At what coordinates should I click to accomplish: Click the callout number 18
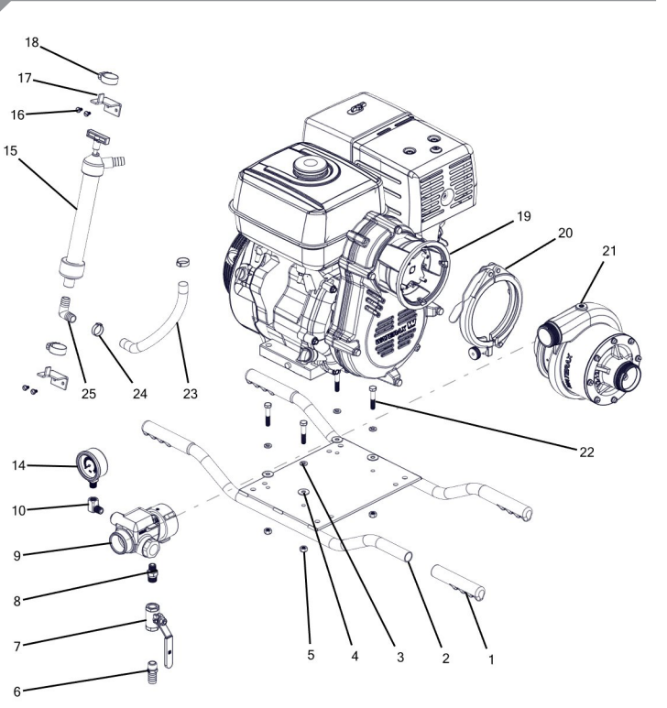30,43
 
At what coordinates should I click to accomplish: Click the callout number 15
19,148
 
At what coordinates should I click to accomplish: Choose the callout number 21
611,250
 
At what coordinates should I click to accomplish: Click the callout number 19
523,217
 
